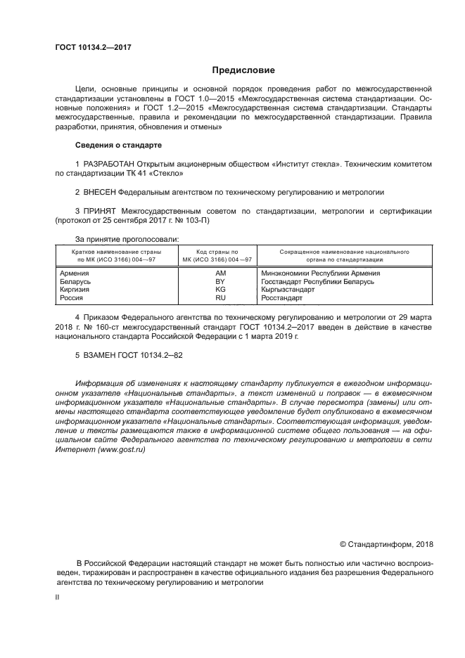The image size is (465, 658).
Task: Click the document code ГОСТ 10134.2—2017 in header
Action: pyautogui.click(x=93, y=48)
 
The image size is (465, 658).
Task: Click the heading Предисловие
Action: pyautogui.click(x=243, y=70)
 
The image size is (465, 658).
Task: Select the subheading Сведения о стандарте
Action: pyautogui.click(x=118, y=145)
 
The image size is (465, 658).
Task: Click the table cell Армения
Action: pyautogui.click(x=75, y=273)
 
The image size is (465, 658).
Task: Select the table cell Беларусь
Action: pyautogui.click(x=77, y=281)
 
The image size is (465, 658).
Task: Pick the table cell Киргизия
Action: pyautogui.click(x=76, y=290)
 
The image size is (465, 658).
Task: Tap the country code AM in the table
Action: pyautogui.click(x=220, y=273)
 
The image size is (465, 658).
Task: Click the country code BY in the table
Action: pyautogui.click(x=220, y=281)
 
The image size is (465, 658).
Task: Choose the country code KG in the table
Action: pyautogui.click(x=220, y=290)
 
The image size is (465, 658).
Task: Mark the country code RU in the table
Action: pyautogui.click(x=220, y=298)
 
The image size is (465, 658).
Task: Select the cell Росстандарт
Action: pyautogui.click(x=281, y=298)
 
